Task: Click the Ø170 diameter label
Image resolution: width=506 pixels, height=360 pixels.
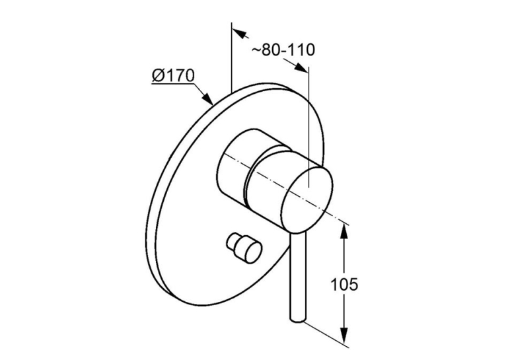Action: [173, 75]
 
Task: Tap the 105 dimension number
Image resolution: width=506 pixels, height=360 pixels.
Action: [344, 284]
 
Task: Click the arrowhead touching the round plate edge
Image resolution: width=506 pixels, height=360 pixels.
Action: [207, 98]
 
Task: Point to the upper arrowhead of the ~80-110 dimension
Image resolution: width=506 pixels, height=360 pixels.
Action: [240, 32]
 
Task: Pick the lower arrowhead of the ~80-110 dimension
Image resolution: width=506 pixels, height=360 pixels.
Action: [301, 67]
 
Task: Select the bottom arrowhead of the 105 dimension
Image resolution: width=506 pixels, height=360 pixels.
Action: [344, 336]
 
